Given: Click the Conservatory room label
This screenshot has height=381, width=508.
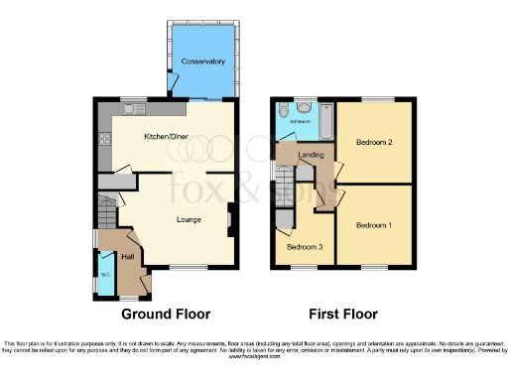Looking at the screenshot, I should [203, 62].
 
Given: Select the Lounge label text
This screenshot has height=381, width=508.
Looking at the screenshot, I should [189, 219].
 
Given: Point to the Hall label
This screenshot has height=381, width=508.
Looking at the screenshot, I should [127, 257].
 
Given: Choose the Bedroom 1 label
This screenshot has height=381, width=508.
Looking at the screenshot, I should [375, 225].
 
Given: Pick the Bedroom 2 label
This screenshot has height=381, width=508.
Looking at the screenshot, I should [375, 143].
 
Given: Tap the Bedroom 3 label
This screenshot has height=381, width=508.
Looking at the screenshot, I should [304, 248].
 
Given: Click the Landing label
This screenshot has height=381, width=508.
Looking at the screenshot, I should [311, 155].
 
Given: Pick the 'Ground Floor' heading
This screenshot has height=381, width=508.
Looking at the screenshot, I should [166, 315].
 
